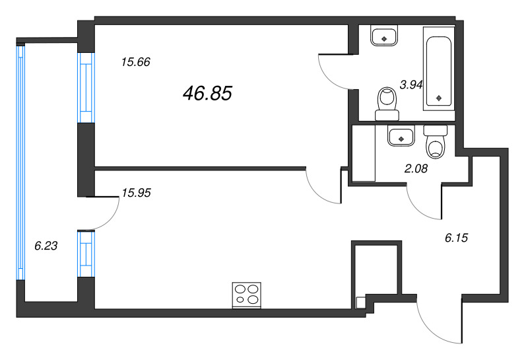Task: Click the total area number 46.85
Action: coord(207,94)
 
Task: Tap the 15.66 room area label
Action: coord(137,62)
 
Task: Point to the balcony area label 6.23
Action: coord(46,245)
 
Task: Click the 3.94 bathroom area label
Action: coord(411,84)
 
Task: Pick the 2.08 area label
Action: coord(416,168)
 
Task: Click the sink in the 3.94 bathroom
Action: coord(385,37)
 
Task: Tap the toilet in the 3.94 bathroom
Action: coord(386,104)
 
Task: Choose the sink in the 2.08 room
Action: coord(400,137)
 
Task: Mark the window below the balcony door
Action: coord(86,254)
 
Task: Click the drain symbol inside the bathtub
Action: coord(440,98)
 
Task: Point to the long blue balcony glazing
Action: coord(21,162)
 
